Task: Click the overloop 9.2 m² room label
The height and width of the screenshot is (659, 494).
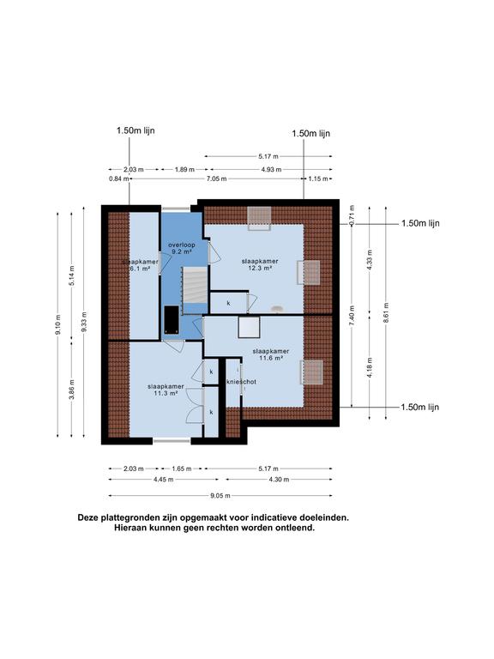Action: pyautogui.click(x=181, y=249)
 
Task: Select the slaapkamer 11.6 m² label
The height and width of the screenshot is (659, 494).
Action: pyautogui.click(x=270, y=354)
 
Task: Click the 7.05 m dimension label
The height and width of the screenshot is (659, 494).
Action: pyautogui.click(x=215, y=178)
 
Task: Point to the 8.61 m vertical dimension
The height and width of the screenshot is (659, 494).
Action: pyautogui.click(x=387, y=311)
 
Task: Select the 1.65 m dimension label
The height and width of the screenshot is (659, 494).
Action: pyautogui.click(x=180, y=469)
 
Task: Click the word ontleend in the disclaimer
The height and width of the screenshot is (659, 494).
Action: pyautogui.click(x=294, y=529)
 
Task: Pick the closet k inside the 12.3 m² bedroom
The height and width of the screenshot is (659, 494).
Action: pyautogui.click(x=228, y=303)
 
